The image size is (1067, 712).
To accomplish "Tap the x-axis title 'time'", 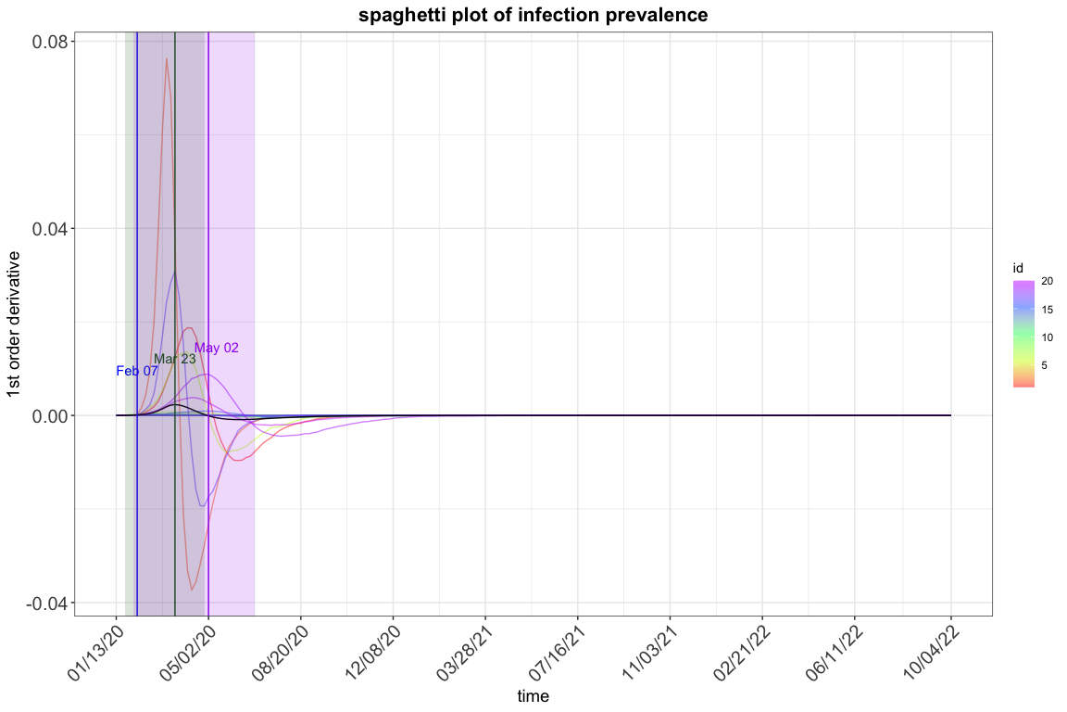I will pyautogui.click(x=533, y=696).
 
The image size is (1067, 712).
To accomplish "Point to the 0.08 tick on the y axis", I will pyautogui.click(x=55, y=42).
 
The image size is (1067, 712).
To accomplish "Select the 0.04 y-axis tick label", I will pyautogui.click(x=55, y=228).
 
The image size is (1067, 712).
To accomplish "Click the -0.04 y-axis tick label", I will pyautogui.click(x=53, y=603).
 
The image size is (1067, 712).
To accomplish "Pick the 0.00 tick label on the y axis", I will pyautogui.click(x=55, y=415).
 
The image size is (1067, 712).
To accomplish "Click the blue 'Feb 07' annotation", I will pyautogui.click(x=137, y=371).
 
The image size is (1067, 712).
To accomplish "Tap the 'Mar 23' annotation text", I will pyautogui.click(x=175, y=359).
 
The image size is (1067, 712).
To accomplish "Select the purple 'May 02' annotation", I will pyautogui.click(x=217, y=348).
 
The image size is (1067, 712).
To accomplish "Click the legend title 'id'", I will pyautogui.click(x=1018, y=268).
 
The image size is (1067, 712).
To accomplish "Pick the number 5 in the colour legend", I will pyautogui.click(x=1045, y=365).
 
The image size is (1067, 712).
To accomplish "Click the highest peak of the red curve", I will pyautogui.click(x=167, y=59).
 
